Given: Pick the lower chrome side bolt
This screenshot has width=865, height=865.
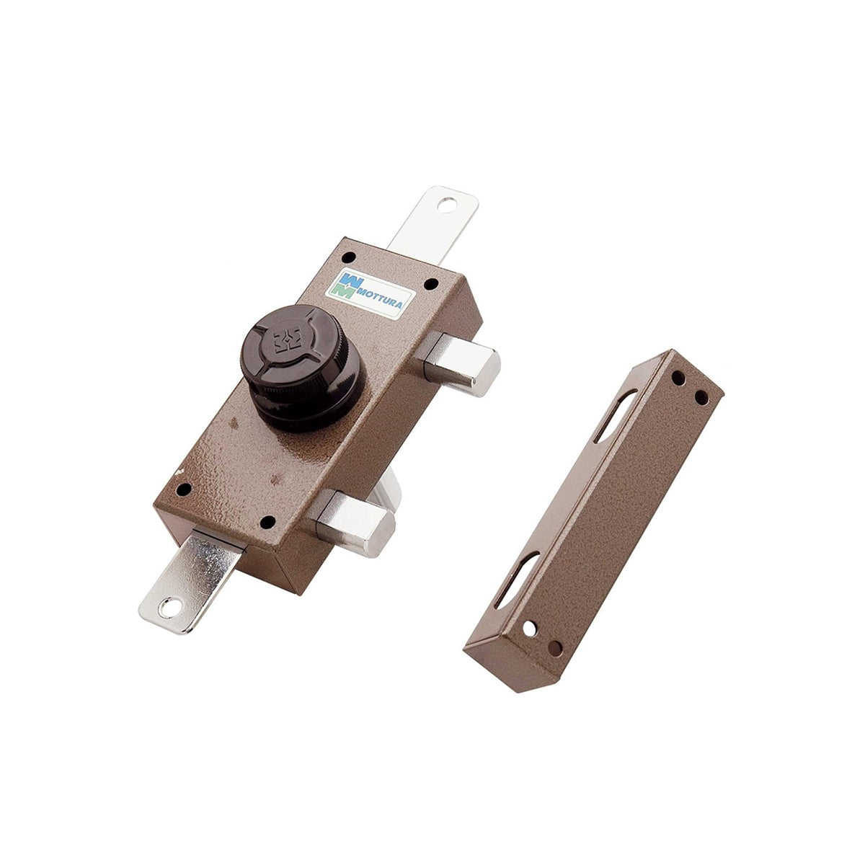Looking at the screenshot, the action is (354, 523).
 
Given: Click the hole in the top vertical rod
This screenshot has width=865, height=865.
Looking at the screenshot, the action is (446, 205).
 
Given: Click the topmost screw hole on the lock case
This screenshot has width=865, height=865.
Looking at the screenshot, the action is (348, 257).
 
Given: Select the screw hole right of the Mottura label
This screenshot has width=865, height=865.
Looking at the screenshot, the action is (431, 284).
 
